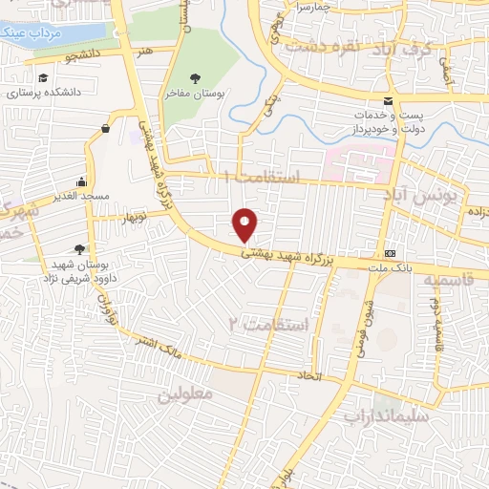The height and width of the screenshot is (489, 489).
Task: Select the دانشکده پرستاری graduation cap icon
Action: pyautogui.click(x=43, y=78)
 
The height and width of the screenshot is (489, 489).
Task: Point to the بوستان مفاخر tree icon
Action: pyautogui.click(x=196, y=78)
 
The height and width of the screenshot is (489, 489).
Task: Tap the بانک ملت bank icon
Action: pyautogui.click(x=390, y=253)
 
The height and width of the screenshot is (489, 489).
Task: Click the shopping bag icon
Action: pyautogui.click(x=104, y=127)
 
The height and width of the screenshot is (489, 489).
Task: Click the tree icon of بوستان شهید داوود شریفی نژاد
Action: pyautogui.click(x=92, y=223)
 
